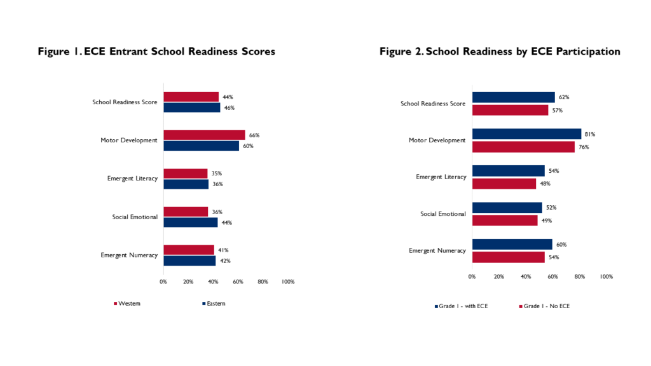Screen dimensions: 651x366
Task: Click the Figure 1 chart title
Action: point(156,51)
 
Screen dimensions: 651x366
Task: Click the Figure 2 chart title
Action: point(500,51)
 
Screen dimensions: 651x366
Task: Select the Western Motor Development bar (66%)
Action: point(204,135)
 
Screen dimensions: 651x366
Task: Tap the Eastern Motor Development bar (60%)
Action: point(202,146)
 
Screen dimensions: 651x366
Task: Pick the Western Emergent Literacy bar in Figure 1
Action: point(186,173)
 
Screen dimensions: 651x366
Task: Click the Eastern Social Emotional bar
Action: point(191,222)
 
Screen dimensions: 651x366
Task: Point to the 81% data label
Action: point(590,134)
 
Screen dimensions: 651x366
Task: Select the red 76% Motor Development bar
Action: point(524,147)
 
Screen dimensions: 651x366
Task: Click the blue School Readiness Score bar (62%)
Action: point(514,97)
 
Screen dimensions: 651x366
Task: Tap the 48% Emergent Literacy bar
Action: point(504,184)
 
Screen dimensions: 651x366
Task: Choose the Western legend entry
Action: point(127,303)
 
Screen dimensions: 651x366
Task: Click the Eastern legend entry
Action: point(214,303)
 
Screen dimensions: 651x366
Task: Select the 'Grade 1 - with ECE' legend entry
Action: point(462,306)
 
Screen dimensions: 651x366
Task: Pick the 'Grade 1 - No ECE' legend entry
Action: point(544,306)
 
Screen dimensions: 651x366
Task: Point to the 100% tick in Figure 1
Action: point(288,281)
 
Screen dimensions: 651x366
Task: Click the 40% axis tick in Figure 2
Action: point(526,276)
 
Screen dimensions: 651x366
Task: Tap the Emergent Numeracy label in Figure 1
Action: point(129,255)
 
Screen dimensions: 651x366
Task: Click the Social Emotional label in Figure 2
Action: point(443,213)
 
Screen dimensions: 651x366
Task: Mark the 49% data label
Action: point(547,220)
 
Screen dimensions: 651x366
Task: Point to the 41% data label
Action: point(223,250)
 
